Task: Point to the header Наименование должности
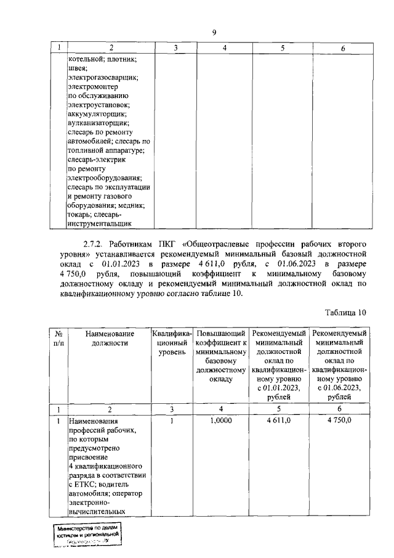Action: coord(110,338)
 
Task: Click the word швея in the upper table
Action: coord(78,68)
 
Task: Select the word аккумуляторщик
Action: coord(97,114)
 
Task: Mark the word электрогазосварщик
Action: coord(103,78)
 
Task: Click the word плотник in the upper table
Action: coord(121,59)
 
